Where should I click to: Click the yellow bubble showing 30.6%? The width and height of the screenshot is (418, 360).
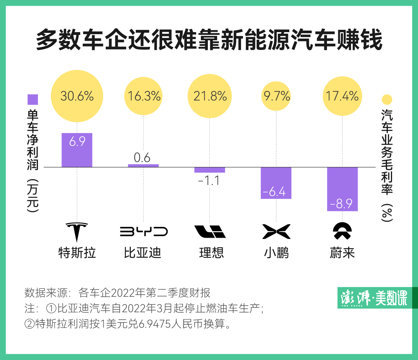pos(77,96)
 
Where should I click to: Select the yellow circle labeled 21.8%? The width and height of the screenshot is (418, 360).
pos(210,96)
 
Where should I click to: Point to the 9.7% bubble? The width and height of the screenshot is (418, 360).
pos(276,96)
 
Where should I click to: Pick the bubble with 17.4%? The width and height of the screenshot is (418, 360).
pos(342,96)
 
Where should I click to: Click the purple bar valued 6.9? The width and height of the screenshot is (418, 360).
pos(77,150)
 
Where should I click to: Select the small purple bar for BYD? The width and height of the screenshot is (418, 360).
pos(143,166)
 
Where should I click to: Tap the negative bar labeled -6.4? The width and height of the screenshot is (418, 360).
pos(276,183)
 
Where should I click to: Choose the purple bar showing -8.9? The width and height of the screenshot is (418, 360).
pos(342,189)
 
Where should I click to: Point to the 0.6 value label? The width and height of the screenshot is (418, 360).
pos(142,158)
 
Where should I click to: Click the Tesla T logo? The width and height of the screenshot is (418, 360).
pos(77,231)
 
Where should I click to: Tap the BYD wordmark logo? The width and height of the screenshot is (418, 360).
pos(144,231)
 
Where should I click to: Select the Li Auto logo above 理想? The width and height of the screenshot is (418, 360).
pos(210,231)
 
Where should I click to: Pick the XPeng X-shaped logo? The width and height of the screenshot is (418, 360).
pos(276,231)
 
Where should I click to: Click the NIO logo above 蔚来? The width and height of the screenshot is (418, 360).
pos(343,231)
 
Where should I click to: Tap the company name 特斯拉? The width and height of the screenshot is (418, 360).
pos(77,253)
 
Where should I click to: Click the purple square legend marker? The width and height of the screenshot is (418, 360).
pos(33,100)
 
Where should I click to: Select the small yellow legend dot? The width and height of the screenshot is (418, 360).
pos(387,100)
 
